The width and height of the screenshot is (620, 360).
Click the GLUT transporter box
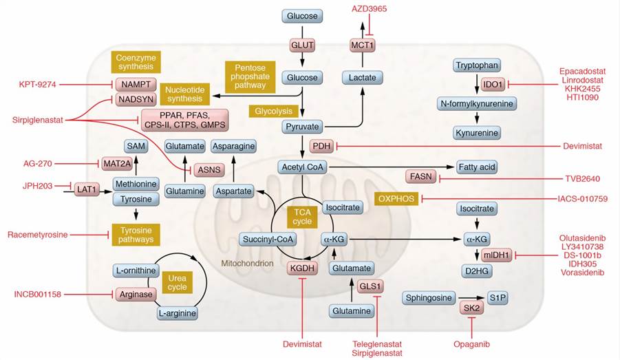click(x=303, y=45)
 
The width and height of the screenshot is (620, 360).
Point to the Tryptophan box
click(x=477, y=65)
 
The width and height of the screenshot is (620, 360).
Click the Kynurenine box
click(x=476, y=131)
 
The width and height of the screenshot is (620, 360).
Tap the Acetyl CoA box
click(x=302, y=167)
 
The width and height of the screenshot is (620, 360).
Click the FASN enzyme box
click(x=420, y=177)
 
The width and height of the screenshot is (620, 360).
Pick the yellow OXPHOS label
click(x=396, y=199)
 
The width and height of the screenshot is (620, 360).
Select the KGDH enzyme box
click(x=301, y=269)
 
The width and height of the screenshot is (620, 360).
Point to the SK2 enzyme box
click(x=471, y=309)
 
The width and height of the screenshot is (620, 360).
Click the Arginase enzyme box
click(x=136, y=295)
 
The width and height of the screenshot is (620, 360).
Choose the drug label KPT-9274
click(x=38, y=85)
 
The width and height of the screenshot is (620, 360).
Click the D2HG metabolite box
click(x=476, y=271)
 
